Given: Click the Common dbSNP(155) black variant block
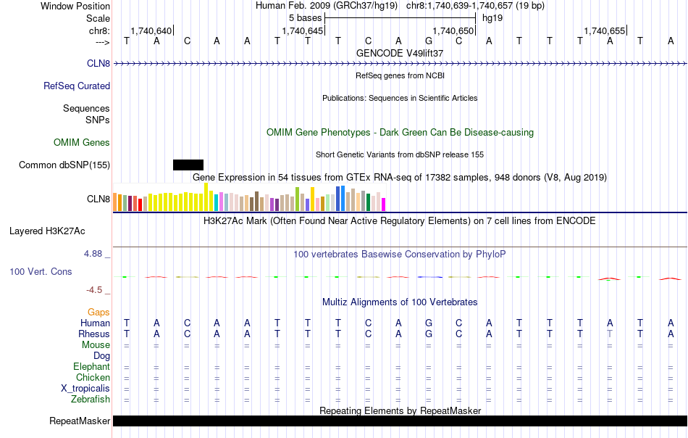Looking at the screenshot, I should coord(188,165).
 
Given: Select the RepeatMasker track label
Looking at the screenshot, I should coord(80,421).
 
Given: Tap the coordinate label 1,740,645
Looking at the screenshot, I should coord(302,31).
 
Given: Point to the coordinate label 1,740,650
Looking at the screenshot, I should coord(453,31).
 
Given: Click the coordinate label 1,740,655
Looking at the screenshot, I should coord(604,31).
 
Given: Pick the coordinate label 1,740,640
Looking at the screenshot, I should coord(151,31).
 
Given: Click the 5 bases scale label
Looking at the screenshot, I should coord(305,17).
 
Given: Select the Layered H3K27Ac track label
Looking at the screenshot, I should coord(47,232).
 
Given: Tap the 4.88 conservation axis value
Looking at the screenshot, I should coord(94,254).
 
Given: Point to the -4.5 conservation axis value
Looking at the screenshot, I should coord(95,290).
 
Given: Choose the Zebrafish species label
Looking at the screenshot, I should coord(91,400).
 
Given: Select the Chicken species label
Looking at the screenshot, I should coord(93,378).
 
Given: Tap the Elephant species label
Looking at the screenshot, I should coord(91,367).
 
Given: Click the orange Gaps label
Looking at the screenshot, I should coord(98,313).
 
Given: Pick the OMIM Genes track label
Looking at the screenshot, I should coord(82,143).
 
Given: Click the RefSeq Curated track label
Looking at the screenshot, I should coord(77,86).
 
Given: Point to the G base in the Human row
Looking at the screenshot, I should coord(429,323).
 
